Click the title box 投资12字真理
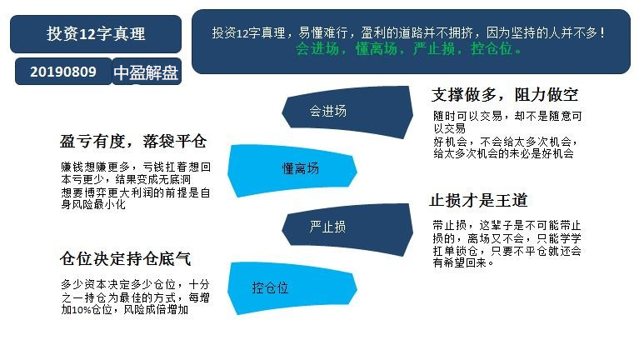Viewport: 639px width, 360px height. tap(96, 34)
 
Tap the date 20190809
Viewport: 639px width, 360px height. tap(63, 72)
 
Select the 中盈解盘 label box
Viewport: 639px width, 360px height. tap(147, 72)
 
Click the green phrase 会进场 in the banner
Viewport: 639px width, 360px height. tap(317, 49)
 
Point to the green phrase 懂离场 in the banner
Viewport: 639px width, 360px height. tap(377, 49)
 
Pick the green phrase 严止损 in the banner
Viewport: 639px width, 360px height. tap(434, 49)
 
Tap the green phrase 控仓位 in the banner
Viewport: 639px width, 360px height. tap(492, 49)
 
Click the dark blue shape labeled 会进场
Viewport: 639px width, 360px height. tap(347, 112)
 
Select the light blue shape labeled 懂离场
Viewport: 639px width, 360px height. tap(292, 170)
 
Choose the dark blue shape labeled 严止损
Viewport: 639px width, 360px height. tap(347, 229)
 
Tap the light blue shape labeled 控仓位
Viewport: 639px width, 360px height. tap(292, 287)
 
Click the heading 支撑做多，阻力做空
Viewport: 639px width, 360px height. tap(505, 95)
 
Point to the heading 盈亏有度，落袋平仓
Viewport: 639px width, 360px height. tap(133, 142)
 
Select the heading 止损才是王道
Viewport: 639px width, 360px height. tap(478, 200)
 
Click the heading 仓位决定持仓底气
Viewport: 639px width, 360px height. tap(125, 258)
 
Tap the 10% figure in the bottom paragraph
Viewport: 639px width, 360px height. tap(82, 310)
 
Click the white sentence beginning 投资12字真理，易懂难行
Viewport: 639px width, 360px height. tap(408, 32)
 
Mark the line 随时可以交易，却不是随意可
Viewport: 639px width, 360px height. tap(507, 116)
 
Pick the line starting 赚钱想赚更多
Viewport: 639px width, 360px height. tap(136, 167)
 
